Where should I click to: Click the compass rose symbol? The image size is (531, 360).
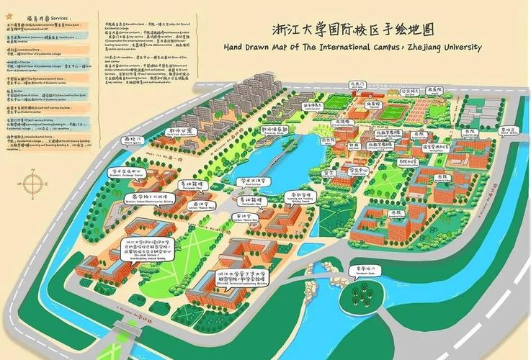[x=32, y=184]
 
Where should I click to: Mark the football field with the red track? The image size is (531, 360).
[x=394, y=113]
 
